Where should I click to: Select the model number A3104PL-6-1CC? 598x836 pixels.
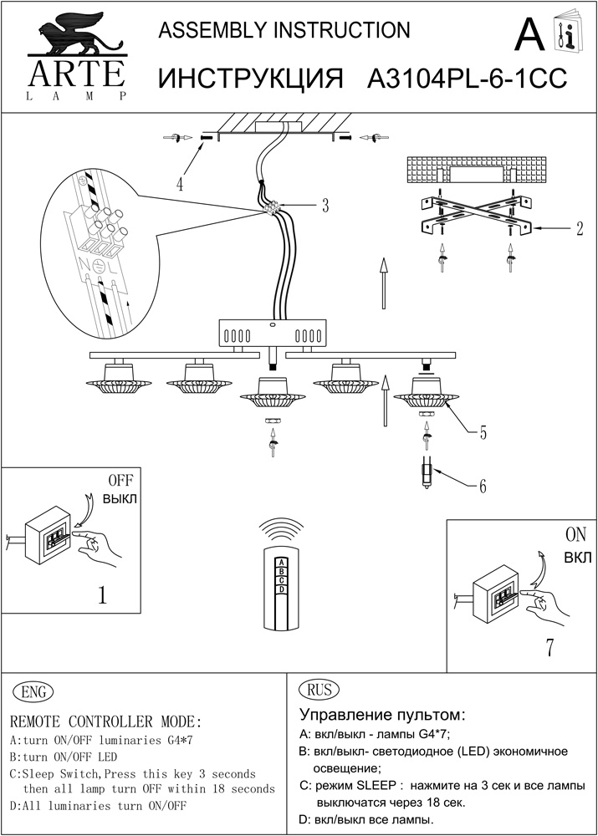(x=468, y=79)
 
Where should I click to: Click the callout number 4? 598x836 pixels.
(x=181, y=185)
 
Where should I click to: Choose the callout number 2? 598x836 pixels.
(x=579, y=228)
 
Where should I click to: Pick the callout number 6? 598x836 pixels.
(x=483, y=485)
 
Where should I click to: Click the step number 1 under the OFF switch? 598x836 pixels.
(x=102, y=595)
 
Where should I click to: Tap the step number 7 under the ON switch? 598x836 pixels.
(x=549, y=648)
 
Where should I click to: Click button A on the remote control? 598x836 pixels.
(x=282, y=562)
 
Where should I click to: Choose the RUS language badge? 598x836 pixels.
(x=318, y=690)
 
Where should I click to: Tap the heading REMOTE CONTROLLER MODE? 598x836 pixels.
(x=105, y=721)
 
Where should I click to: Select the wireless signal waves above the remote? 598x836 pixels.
(x=282, y=530)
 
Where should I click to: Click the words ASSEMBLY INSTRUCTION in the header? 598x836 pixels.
(x=284, y=31)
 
